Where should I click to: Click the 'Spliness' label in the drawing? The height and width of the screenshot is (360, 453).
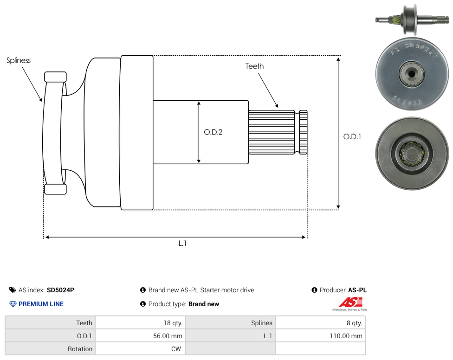pyautogui.click(x=19, y=60)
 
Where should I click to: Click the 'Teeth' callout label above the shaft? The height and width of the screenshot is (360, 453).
pyautogui.click(x=254, y=66)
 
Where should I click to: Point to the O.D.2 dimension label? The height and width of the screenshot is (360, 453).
pyautogui.click(x=213, y=132)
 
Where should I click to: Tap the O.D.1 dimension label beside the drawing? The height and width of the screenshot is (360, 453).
pyautogui.click(x=352, y=136)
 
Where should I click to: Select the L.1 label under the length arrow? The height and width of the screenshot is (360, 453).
pyautogui.click(x=182, y=244)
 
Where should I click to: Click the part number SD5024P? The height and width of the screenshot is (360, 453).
pyautogui.click(x=60, y=290)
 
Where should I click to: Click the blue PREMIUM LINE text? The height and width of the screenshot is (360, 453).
pyautogui.click(x=41, y=304)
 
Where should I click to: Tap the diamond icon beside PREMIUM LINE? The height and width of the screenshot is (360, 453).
pyautogui.click(x=13, y=304)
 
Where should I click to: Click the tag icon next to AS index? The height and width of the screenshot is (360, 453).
pyautogui.click(x=13, y=290)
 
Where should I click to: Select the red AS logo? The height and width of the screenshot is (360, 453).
pyautogui.click(x=350, y=302)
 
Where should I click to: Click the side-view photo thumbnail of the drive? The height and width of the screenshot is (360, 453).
pyautogui.click(x=412, y=19)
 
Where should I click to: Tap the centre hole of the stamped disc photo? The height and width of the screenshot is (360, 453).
pyautogui.click(x=411, y=74)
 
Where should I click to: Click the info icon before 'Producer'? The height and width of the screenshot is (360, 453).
pyautogui.click(x=314, y=290)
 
